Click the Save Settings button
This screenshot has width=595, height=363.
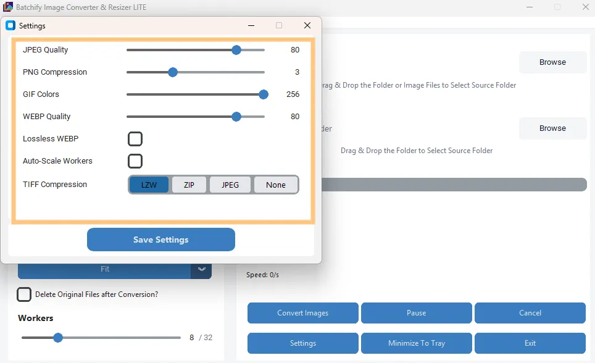[160, 240]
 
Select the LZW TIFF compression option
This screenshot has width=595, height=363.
[149, 185]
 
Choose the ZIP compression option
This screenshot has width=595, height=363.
[189, 185]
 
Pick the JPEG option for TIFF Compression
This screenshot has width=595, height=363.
[230, 185]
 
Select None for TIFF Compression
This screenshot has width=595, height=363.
[276, 185]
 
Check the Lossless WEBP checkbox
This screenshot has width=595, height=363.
[135, 139]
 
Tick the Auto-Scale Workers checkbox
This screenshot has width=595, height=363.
[135, 161]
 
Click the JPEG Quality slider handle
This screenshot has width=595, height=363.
[236, 50]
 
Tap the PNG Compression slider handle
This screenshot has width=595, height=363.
[173, 72]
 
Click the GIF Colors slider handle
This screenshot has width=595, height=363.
[264, 94]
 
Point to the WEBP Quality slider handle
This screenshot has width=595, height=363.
[236, 117]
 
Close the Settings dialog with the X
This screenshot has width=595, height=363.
[307, 25]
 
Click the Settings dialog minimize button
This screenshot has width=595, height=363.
[251, 25]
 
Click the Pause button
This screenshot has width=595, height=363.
[416, 313]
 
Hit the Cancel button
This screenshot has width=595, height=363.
[530, 313]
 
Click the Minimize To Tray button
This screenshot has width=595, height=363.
[416, 343]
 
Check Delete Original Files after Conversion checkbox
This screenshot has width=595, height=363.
[24, 294]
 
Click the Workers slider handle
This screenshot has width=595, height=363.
[58, 338]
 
